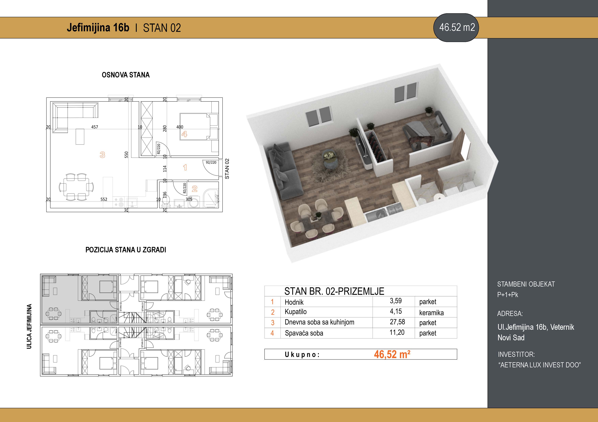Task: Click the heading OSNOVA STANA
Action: [126, 75]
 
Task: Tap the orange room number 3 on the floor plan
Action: [102, 155]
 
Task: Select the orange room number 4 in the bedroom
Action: [184, 134]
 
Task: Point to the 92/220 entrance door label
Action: [211, 163]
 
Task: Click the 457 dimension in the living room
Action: [95, 127]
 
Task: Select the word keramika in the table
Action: [431, 313]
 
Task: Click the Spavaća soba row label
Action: [304, 333]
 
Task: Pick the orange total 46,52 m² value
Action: [392, 354]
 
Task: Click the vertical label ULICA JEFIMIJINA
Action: [29, 326]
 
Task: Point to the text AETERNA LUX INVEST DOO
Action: [540, 365]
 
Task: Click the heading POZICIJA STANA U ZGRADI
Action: [126, 250]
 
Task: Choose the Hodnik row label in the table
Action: [294, 302]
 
